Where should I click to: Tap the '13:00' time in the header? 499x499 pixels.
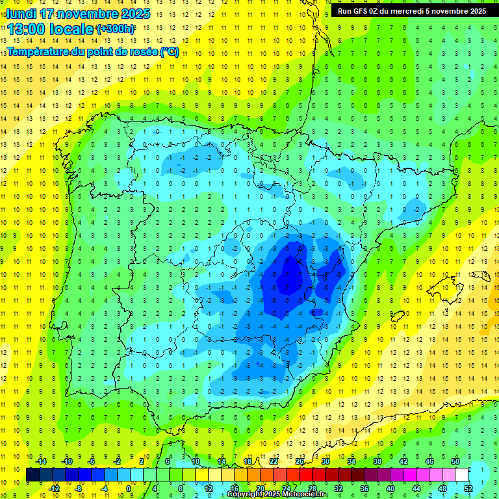(x=27, y=29)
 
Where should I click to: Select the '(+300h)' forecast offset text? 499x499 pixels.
(x=116, y=29)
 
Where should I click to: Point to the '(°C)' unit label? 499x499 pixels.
(x=169, y=51)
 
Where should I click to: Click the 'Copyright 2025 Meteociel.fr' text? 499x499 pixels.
(x=277, y=494)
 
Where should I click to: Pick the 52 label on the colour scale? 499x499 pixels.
(x=468, y=488)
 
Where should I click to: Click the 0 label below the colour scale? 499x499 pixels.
(x=129, y=488)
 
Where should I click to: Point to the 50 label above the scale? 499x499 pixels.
(x=455, y=461)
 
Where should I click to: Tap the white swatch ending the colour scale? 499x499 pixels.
(x=462, y=474)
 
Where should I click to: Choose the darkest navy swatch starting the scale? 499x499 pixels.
(x=32, y=474)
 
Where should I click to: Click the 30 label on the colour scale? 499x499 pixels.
(x=325, y=461)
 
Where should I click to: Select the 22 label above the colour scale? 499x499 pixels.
(x=273, y=461)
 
